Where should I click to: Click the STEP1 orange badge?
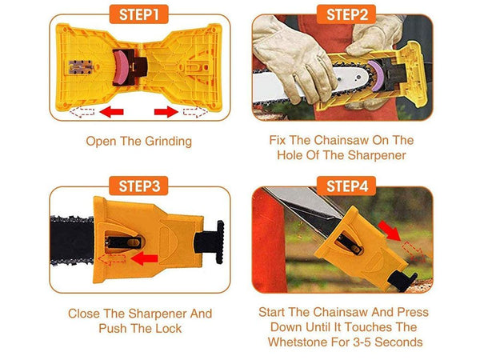(x=138, y=14)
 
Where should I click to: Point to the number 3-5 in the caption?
(x=359, y=342)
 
